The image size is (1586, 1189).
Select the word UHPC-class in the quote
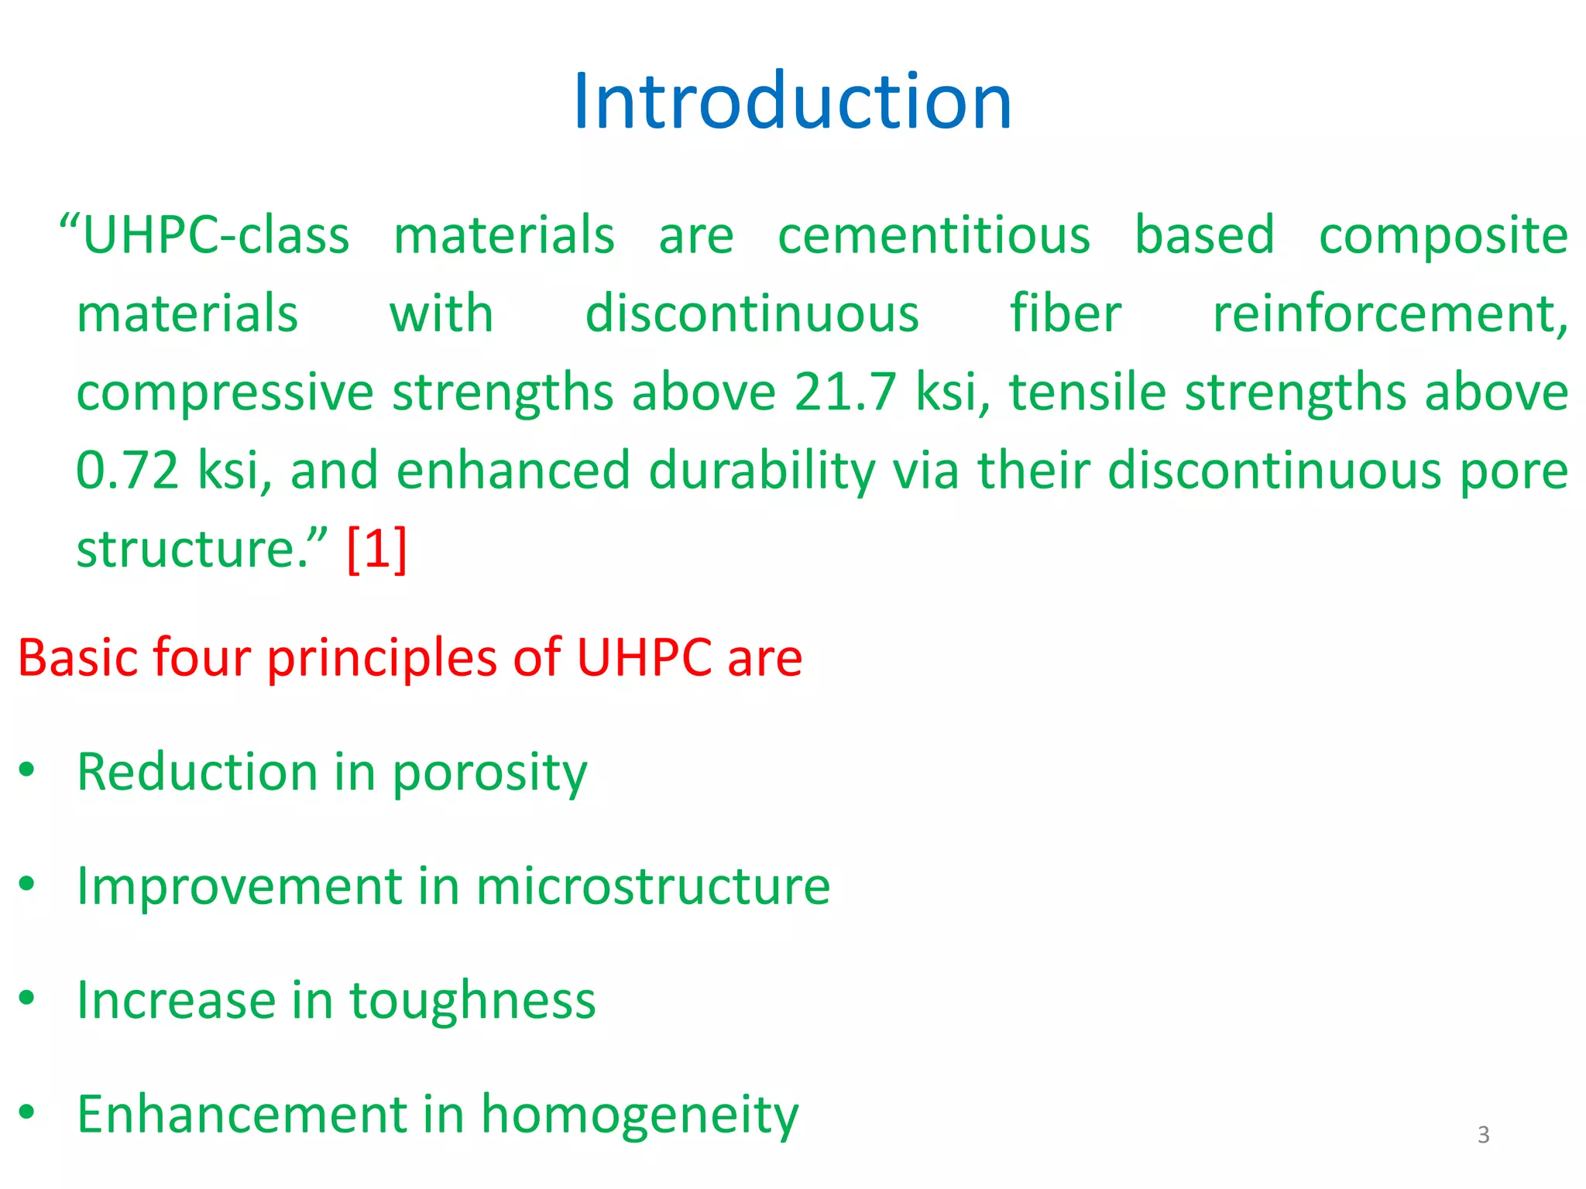click(216, 235)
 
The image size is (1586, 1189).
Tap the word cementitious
click(934, 235)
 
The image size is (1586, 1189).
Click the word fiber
click(1066, 314)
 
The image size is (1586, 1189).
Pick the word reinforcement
click(1389, 315)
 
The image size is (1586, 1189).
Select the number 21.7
click(845, 392)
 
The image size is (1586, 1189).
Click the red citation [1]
click(377, 549)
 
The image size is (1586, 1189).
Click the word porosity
click(489, 773)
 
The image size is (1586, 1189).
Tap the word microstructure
click(653, 886)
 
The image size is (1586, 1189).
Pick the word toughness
click(472, 1001)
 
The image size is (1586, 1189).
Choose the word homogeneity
click(640, 1115)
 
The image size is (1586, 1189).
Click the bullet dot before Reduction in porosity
click(28, 770)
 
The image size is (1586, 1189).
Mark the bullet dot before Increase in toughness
click(28, 998)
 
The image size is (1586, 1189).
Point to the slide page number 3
click(1483, 1135)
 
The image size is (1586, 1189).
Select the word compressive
click(225, 393)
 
